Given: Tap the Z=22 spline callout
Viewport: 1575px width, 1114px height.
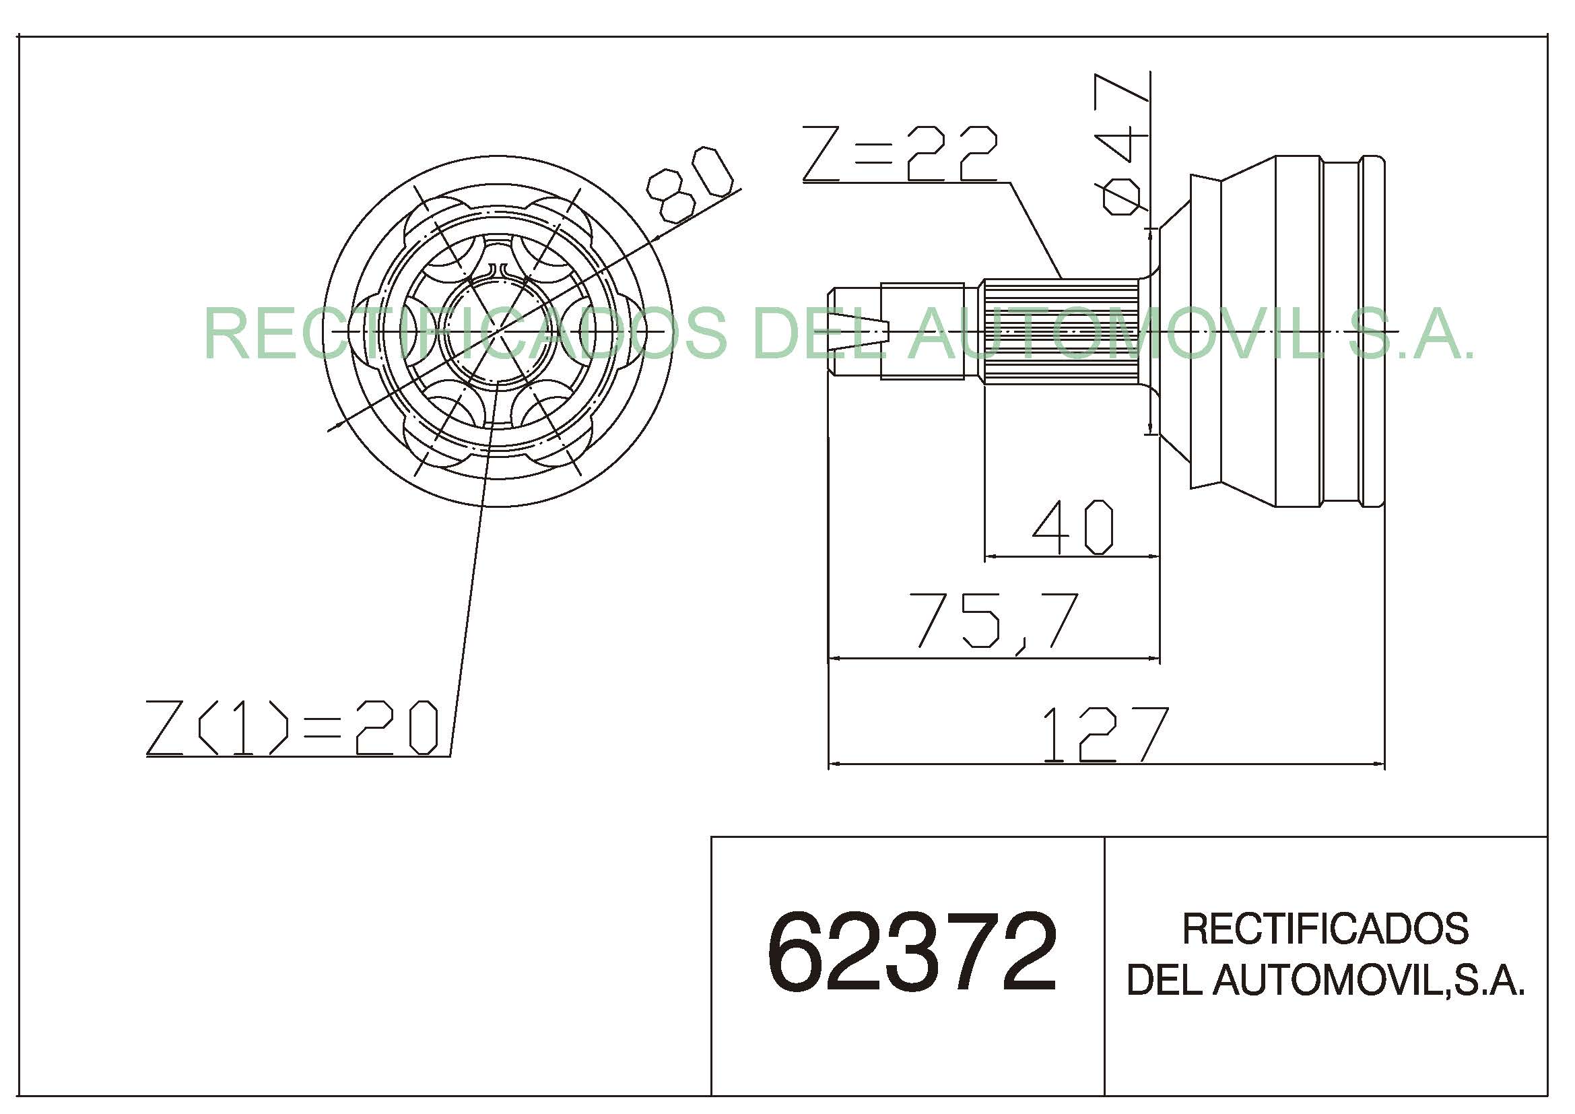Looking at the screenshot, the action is [x=900, y=154].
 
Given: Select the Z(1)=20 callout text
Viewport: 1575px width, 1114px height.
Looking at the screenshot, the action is [x=292, y=728].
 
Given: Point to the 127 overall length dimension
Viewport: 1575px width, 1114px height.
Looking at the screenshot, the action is [x=1104, y=735].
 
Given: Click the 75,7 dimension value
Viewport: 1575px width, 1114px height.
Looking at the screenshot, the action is [x=997, y=621].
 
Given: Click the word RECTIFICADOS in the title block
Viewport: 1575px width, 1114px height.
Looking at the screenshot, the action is [x=1325, y=929].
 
